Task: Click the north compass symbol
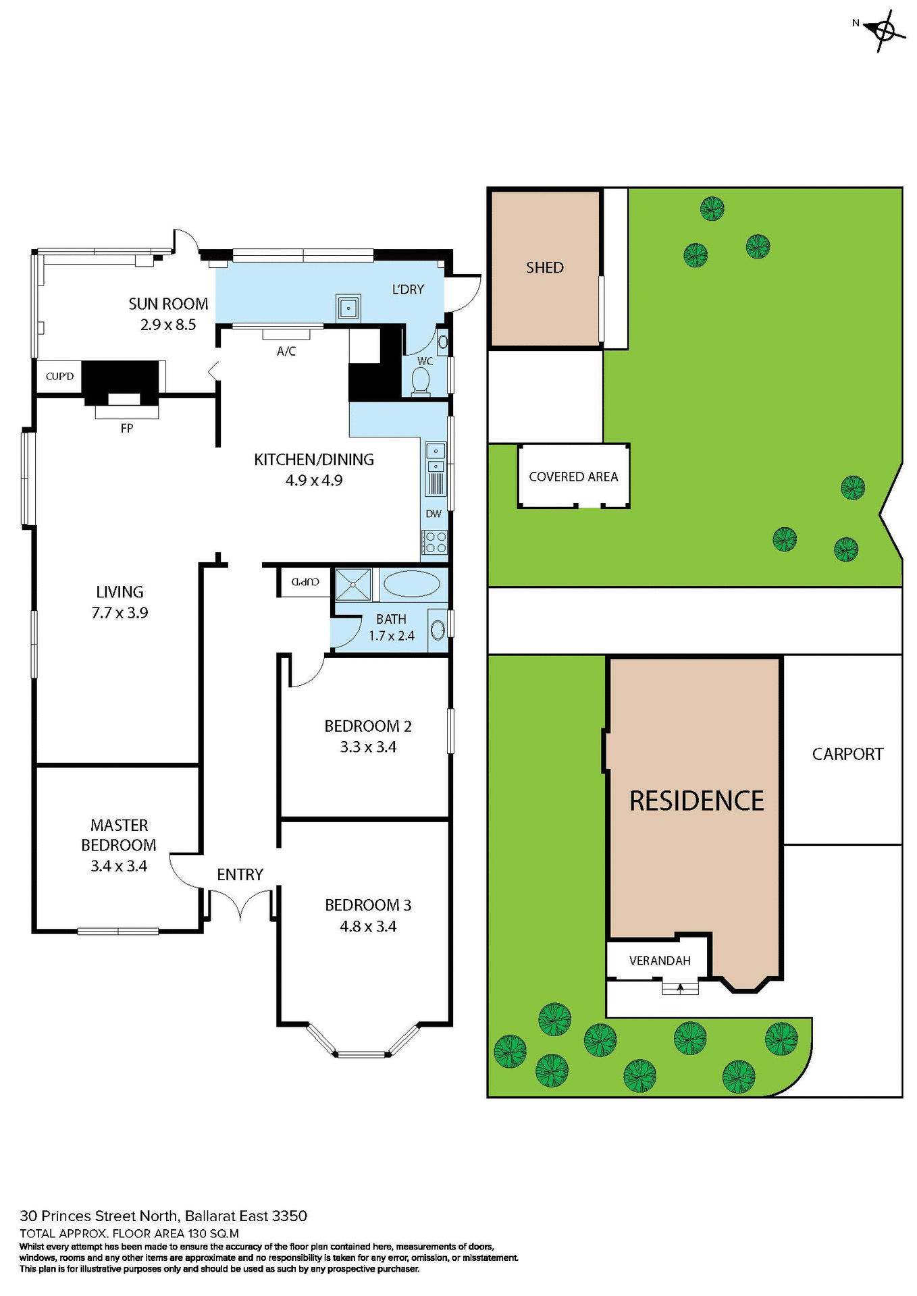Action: (884, 30)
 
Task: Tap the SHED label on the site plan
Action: (544, 267)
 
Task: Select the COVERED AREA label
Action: (573, 477)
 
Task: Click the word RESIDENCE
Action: (696, 801)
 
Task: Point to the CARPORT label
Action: (847, 754)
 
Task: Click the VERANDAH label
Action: (659, 961)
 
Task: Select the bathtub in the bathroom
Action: (411, 584)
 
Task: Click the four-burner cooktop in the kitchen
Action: (434, 542)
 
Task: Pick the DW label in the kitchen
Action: (433, 514)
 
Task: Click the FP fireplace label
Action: (126, 428)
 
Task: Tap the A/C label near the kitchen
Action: (286, 351)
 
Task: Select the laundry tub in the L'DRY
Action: (348, 308)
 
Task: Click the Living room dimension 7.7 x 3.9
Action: (120, 613)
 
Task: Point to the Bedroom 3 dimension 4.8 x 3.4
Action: (368, 926)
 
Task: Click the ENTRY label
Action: (240, 874)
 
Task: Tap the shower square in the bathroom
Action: (353, 584)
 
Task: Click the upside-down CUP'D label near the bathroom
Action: (305, 581)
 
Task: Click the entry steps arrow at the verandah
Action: (680, 988)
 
